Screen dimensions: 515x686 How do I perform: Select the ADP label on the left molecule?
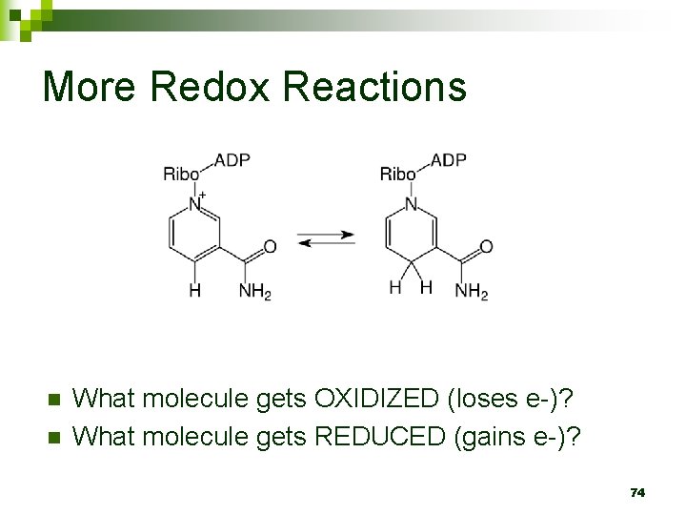tap(232, 160)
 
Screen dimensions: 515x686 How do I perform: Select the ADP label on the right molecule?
tap(449, 160)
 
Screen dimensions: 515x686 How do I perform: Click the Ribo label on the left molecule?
tap(181, 174)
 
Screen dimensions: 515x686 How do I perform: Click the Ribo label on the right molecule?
tap(397, 174)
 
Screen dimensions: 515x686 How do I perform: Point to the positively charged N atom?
tap(195, 203)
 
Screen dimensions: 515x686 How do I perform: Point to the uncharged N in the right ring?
tap(412, 203)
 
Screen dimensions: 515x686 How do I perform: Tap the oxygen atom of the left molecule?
tap(270, 247)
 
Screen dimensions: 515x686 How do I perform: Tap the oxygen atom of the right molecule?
tap(486, 247)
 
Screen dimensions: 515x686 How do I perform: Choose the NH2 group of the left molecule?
tap(254, 291)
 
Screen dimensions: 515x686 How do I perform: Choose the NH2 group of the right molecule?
tap(471, 291)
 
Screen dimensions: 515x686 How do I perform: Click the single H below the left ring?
tap(194, 290)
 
